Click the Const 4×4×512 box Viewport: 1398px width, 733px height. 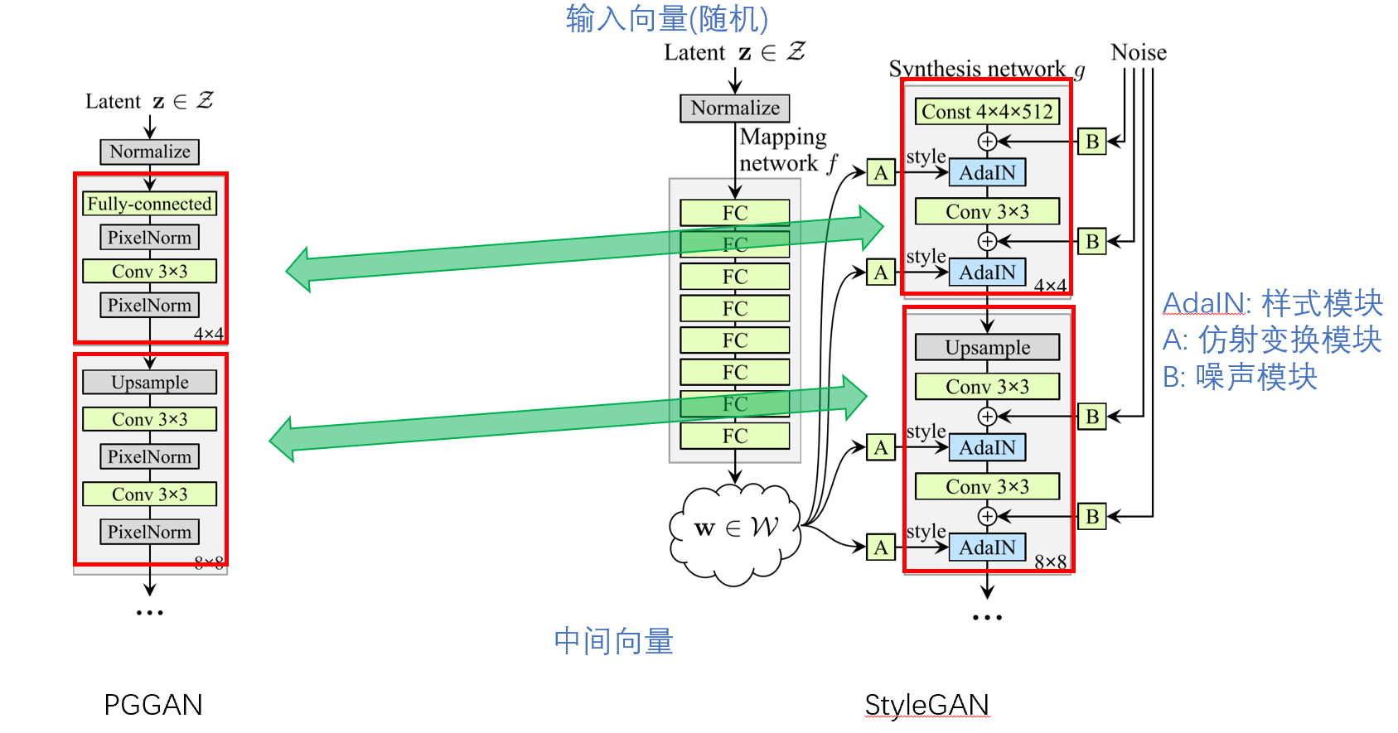coord(987,111)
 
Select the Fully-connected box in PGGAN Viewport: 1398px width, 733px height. coord(149,204)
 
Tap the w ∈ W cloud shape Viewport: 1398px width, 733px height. coord(734,531)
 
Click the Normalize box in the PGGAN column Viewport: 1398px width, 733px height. coord(150,152)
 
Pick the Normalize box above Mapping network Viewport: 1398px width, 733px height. coord(735,109)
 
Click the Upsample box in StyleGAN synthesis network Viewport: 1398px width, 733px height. coord(987,347)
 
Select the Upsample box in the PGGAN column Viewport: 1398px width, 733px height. coord(150,382)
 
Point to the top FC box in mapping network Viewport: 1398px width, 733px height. coord(734,213)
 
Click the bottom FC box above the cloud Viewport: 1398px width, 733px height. coord(734,436)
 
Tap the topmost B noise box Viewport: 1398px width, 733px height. coord(1091,142)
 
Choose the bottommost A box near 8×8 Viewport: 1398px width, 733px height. coord(880,547)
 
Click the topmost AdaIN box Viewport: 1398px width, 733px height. coord(987,172)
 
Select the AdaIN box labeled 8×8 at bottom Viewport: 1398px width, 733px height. coord(987,547)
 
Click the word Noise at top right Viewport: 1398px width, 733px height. coord(1138,53)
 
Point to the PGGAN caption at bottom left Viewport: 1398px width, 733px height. coord(153,705)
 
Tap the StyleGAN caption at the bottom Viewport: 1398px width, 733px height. coord(926,705)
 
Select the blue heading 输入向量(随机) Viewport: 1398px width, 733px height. coord(667,18)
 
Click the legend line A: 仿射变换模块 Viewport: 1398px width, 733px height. coord(1272,340)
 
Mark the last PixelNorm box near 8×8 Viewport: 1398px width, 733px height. coord(149,532)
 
